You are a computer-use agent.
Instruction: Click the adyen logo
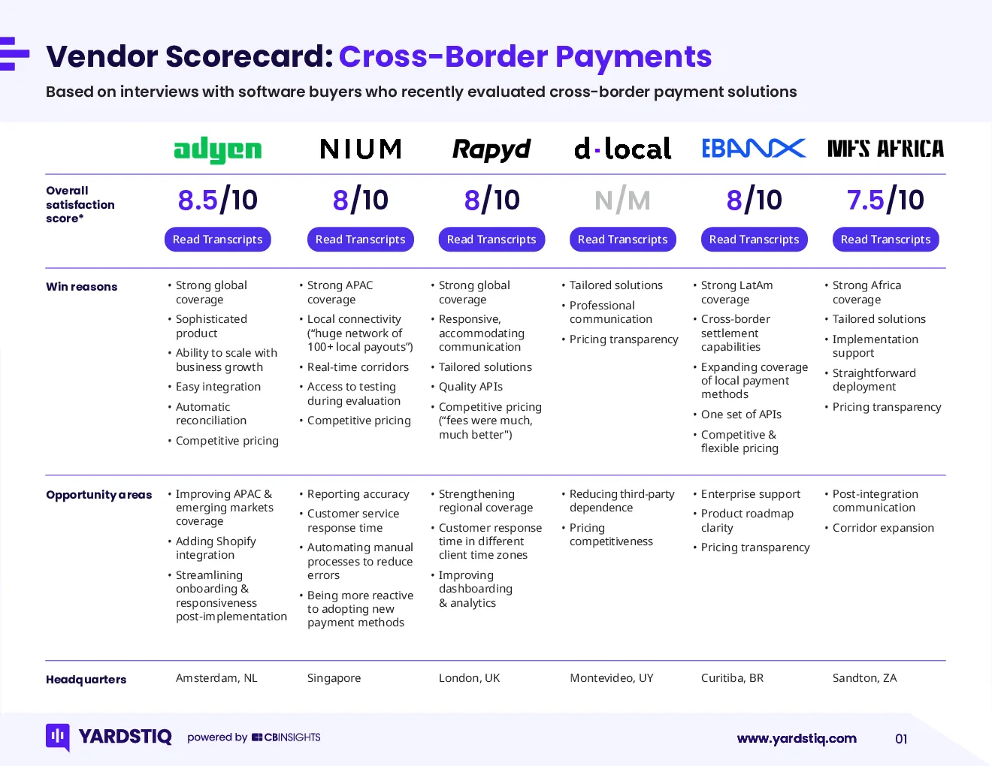tap(218, 149)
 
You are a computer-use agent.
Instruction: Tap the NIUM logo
tap(361, 149)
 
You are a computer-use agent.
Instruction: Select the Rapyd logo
tap(491, 149)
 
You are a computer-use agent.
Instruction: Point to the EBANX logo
tap(754, 148)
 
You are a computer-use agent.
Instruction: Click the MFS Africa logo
tap(885, 149)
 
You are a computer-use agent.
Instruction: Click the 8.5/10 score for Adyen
tap(218, 200)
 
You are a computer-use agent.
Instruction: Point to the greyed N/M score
tap(623, 201)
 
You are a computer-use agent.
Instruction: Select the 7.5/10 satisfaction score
tap(885, 200)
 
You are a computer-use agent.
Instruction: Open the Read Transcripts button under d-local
tap(623, 240)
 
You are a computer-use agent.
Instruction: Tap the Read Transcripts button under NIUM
tap(361, 240)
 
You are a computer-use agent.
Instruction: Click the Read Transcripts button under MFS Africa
tap(885, 240)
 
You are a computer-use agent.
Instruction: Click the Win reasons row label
tap(82, 287)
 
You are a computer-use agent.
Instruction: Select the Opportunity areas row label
tap(99, 495)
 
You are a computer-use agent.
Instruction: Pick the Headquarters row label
tap(86, 680)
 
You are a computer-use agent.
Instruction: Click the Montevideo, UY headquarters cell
tap(612, 678)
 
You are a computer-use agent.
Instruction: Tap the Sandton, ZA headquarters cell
tap(865, 678)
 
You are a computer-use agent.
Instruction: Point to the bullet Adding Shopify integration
tap(216, 548)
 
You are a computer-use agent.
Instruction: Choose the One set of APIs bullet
tap(741, 415)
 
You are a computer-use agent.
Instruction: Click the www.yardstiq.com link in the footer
tap(797, 739)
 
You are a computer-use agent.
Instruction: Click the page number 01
tap(901, 739)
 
